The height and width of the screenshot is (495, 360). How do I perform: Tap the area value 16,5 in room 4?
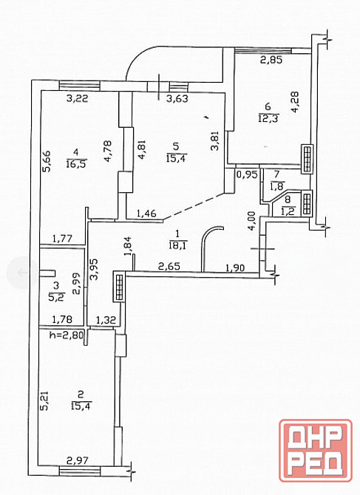pyautogui.click(x=76, y=163)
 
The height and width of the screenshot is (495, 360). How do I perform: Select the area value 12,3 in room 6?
pyautogui.click(x=268, y=117)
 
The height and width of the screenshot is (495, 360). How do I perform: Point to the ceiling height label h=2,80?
pyautogui.click(x=67, y=334)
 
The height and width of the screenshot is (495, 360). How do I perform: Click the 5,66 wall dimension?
pyautogui.click(x=47, y=161)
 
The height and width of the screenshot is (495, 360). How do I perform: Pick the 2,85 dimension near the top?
pyautogui.click(x=271, y=60)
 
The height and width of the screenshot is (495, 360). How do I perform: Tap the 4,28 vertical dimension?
pyautogui.click(x=295, y=102)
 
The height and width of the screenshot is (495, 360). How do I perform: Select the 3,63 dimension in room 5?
pyautogui.click(x=177, y=98)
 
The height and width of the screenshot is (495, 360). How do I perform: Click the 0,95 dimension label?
pyautogui.click(x=247, y=174)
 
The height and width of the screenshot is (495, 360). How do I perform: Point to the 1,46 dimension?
pyautogui.click(x=146, y=214)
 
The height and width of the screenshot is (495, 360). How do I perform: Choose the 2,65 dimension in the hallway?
pyautogui.click(x=169, y=266)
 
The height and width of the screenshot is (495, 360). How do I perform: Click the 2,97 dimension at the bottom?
pyautogui.click(x=78, y=462)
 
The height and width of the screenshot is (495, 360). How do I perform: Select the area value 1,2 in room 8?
pyautogui.click(x=288, y=211)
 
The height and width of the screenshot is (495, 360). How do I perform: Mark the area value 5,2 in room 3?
pyautogui.click(x=56, y=297)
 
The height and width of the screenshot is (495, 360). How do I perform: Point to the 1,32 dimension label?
pyautogui.click(x=106, y=321)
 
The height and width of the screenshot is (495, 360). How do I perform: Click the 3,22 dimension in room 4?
pyautogui.click(x=78, y=98)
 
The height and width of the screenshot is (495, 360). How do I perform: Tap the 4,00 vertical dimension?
pyautogui.click(x=251, y=221)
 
